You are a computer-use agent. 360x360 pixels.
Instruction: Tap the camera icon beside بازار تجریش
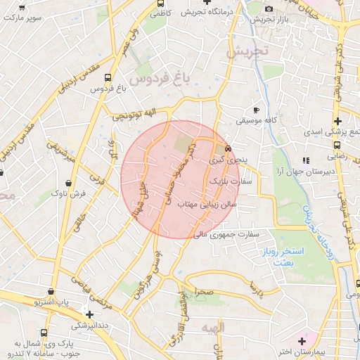(x=269, y=8)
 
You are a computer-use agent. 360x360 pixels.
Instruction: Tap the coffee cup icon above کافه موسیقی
(x=256, y=110)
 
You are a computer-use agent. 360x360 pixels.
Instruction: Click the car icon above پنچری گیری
(x=228, y=149)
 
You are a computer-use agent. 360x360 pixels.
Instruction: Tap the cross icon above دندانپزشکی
(x=89, y=314)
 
